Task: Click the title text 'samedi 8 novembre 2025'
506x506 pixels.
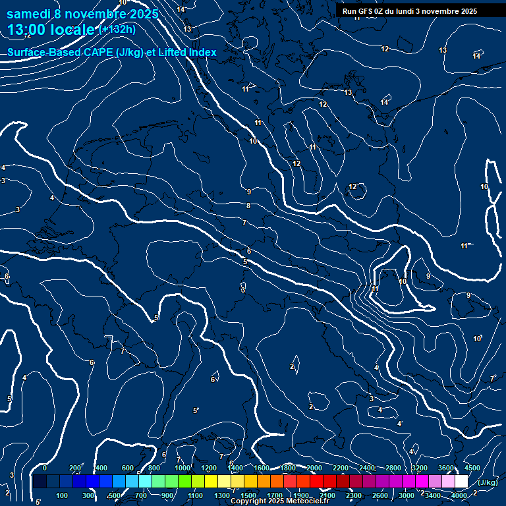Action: point(82,14)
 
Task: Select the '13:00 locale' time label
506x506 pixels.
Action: point(51,30)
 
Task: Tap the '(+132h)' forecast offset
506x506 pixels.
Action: point(117,30)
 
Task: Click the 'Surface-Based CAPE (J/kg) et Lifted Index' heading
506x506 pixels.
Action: point(112,52)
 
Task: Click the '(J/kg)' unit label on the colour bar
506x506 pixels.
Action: point(488,482)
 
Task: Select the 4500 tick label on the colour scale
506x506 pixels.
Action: point(472,468)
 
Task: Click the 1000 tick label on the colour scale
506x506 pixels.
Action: point(183,468)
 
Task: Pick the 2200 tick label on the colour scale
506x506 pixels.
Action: point(341,468)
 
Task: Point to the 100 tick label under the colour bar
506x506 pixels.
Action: point(63,495)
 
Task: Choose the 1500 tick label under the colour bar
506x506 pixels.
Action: point(248,495)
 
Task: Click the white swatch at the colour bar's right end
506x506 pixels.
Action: point(461,482)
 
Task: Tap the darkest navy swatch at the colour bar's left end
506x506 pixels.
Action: point(39,482)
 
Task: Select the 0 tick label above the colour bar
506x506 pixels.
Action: point(45,468)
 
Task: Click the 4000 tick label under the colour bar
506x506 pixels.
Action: point(459,495)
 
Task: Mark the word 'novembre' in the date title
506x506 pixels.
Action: point(98,14)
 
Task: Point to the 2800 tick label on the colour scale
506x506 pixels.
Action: point(393,468)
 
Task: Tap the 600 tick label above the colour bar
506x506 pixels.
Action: point(128,468)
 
